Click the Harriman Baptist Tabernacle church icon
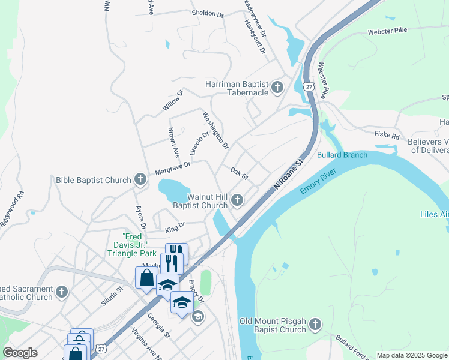[277, 88]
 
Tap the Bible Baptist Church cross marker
[140, 179]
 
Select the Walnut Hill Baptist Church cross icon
[238, 200]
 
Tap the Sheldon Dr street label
[207, 13]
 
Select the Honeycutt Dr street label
[255, 37]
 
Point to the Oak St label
[239, 173]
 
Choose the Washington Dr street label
[215, 130]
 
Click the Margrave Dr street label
[172, 168]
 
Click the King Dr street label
[175, 227]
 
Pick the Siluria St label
[112, 296]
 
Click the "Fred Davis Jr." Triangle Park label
[131, 244]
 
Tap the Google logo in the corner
[20, 353]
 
